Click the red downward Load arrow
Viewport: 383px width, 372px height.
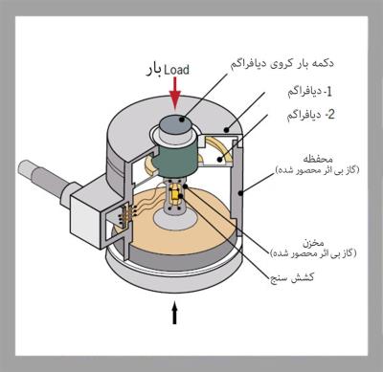[174, 93]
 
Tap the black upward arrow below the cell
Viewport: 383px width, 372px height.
[174, 313]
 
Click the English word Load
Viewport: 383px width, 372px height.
[176, 70]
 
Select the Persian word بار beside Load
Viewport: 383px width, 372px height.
[153, 71]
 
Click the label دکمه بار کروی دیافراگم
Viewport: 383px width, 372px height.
[282, 63]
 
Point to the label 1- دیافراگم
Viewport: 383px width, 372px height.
[309, 92]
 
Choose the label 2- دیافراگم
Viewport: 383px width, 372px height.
[311, 115]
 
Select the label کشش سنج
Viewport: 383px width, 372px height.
[292, 277]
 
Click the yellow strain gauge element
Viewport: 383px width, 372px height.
[175, 194]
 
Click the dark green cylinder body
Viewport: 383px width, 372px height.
[174, 159]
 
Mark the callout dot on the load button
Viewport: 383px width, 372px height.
[182, 120]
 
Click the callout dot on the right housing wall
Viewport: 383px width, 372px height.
[240, 192]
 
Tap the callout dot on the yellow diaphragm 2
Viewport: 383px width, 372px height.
[219, 159]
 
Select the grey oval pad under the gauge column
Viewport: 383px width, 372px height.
[175, 220]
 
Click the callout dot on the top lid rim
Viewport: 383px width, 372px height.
[226, 129]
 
